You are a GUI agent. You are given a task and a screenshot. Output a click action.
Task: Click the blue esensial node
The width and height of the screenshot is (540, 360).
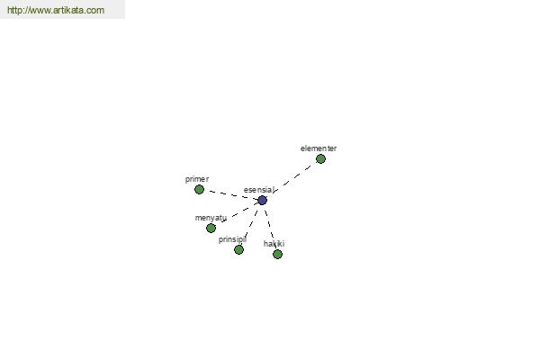click(263, 200)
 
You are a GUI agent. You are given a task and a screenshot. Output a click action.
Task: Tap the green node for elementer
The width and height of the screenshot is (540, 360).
click(320, 158)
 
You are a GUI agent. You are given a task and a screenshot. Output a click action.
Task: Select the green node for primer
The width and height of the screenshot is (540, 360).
click(199, 190)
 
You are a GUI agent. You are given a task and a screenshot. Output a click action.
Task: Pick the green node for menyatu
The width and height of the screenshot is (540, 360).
click(211, 228)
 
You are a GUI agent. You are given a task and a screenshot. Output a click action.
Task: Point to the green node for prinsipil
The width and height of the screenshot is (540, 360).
click(238, 250)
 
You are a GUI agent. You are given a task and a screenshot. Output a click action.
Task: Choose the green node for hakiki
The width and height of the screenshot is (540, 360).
click(277, 254)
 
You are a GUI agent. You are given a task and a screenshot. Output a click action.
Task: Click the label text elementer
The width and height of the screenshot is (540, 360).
click(319, 148)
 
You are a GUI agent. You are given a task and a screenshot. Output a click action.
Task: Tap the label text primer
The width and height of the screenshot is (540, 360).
click(197, 179)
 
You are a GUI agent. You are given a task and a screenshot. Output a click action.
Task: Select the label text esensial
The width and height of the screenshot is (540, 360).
click(259, 190)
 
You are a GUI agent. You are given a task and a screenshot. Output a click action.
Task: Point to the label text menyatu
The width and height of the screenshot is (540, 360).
click(211, 218)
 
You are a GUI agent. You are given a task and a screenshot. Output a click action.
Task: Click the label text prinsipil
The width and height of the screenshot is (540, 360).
click(232, 239)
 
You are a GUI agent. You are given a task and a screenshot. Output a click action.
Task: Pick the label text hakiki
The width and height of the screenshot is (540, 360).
click(274, 244)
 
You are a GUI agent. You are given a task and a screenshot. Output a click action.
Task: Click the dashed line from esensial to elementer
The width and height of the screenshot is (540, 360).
click(292, 179)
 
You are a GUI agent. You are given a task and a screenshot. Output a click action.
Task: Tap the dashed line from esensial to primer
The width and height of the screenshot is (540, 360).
click(230, 195)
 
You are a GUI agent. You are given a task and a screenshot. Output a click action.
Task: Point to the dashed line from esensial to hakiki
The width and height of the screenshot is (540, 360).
click(270, 227)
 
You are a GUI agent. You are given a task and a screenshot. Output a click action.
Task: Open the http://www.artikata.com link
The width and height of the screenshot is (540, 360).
click(56, 10)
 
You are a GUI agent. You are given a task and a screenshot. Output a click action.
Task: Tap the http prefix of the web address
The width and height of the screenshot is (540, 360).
click(14, 10)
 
